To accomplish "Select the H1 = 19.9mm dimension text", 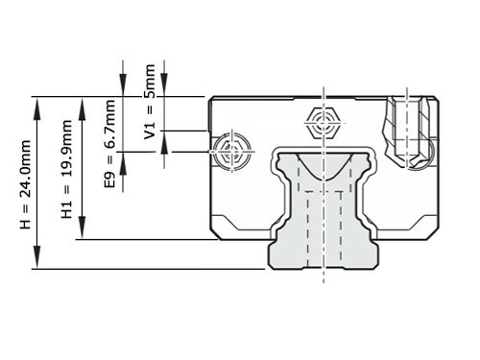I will pyautogui.click(x=65, y=168).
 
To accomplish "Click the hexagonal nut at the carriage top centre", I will pyautogui.click(x=324, y=123).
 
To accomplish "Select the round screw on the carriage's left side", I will pyautogui.click(x=233, y=152).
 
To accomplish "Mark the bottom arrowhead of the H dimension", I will pyautogui.click(x=36, y=263).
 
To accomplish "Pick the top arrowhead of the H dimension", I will pyautogui.click(x=36, y=102).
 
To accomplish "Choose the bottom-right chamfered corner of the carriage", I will pyautogui.click(x=432, y=232).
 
